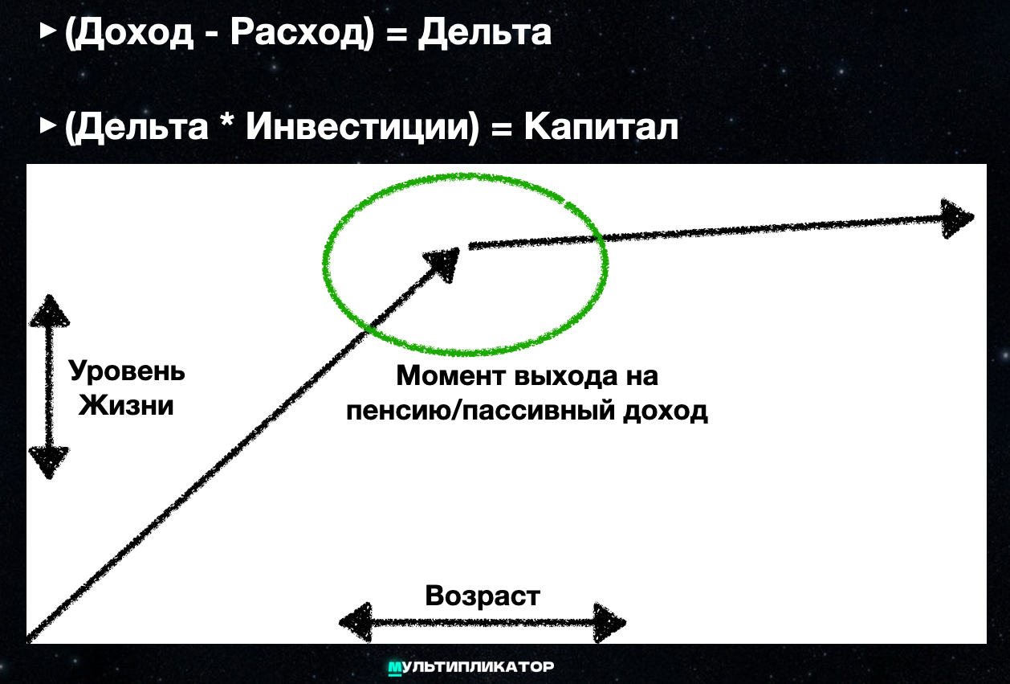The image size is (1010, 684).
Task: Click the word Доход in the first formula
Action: pyautogui.click(x=132, y=34)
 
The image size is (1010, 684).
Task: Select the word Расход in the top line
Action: pyautogui.click(x=297, y=34)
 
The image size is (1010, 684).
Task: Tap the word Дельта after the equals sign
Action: pyautogui.click(x=484, y=32)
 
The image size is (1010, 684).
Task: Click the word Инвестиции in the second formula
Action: pyautogui.click(x=360, y=127)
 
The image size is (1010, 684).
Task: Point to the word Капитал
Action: pyautogui.click(x=601, y=126)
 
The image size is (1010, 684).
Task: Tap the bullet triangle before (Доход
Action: pyautogui.click(x=48, y=31)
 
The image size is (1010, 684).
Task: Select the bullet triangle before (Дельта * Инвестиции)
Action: pyautogui.click(x=48, y=125)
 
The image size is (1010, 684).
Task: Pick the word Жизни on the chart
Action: pyautogui.click(x=126, y=404)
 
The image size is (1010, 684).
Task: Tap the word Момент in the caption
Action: pyautogui.click(x=450, y=375)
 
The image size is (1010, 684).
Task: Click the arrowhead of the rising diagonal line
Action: pyautogui.click(x=442, y=264)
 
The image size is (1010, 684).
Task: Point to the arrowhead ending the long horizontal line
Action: pyautogui.click(x=957, y=219)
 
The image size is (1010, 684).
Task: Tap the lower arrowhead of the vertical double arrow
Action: pyautogui.click(x=49, y=463)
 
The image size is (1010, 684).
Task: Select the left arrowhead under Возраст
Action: pyautogui.click(x=356, y=623)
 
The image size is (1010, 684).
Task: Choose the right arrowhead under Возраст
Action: pyautogui.click(x=609, y=623)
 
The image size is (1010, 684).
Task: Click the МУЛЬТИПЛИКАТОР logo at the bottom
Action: pyautogui.click(x=471, y=667)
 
